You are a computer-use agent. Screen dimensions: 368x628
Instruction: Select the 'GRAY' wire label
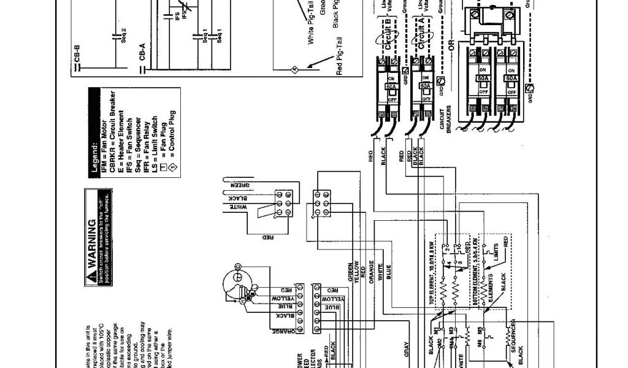pyautogui.click(x=407, y=348)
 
